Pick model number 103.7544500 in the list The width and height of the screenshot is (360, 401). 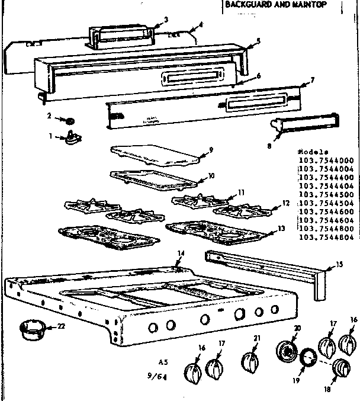click(327, 194)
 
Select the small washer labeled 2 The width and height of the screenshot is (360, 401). click(72, 121)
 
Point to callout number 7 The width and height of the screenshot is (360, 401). click(312, 79)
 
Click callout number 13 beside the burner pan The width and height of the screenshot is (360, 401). click(280, 229)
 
